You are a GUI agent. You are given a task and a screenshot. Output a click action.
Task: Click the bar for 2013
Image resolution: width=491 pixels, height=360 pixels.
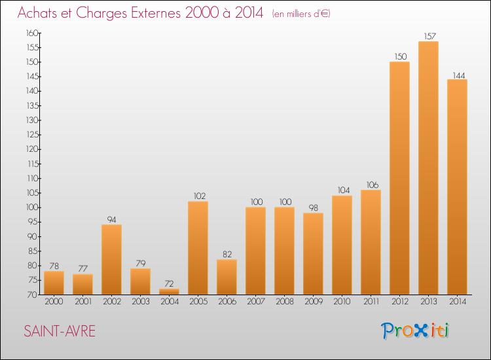pyautogui.click(x=428, y=168)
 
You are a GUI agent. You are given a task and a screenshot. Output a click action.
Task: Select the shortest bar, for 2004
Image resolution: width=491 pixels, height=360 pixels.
pyautogui.click(x=169, y=291)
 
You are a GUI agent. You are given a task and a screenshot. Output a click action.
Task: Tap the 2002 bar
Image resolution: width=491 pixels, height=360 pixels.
pyautogui.click(x=111, y=259)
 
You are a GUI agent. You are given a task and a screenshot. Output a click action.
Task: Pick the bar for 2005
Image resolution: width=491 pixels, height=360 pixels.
pyautogui.click(x=198, y=248)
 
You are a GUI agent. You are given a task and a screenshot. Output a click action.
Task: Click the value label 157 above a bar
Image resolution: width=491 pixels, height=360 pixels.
pyautogui.click(x=430, y=36)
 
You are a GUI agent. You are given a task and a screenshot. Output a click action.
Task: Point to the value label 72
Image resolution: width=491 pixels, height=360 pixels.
pyautogui.click(x=169, y=283)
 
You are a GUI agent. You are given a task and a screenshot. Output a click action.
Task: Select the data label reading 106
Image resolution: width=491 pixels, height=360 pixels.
pyautogui.click(x=373, y=185)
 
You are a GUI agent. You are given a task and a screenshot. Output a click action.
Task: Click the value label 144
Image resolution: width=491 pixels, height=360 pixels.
pyautogui.click(x=459, y=75)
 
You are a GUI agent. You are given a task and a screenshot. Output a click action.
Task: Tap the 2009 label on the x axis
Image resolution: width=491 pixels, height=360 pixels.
pyautogui.click(x=314, y=301)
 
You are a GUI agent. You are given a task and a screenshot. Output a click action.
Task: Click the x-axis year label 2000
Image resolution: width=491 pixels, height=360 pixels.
pyautogui.click(x=54, y=301)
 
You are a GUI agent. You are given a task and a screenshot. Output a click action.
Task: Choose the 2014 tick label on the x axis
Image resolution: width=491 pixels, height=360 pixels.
pyautogui.click(x=458, y=301)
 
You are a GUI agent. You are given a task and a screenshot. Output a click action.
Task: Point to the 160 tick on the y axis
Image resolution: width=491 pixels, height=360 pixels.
pyautogui.click(x=32, y=33)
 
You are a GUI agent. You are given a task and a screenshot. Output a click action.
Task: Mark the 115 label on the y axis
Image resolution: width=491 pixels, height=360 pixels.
pyautogui.click(x=33, y=164)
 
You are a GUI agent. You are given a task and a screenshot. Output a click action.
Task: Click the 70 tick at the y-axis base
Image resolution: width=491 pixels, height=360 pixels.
pyautogui.click(x=32, y=295)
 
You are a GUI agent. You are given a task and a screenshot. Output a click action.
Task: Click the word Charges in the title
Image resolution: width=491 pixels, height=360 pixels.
pyautogui.click(x=101, y=13)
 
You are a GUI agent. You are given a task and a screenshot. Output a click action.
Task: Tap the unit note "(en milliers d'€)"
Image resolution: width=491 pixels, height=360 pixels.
pyautogui.click(x=301, y=14)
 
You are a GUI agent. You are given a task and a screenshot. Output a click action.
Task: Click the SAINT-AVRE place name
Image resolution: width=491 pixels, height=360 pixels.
pyautogui.click(x=60, y=331)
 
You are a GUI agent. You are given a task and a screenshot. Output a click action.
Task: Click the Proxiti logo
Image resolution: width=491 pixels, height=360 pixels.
pyautogui.click(x=415, y=331)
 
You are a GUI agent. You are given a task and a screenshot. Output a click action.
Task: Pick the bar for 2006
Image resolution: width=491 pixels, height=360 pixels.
pyautogui.click(x=227, y=277)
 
